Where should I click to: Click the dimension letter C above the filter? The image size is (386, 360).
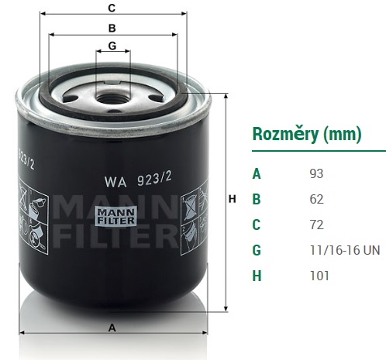[x=112, y=8]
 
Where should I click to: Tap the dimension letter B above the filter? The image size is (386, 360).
[x=112, y=28]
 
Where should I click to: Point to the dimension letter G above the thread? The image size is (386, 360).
[x=112, y=46]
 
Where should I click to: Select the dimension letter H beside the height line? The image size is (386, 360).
[x=233, y=199]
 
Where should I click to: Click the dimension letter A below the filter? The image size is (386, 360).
[x=112, y=328]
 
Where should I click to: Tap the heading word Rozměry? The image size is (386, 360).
[x=285, y=135]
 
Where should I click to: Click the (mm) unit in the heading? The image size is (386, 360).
[x=343, y=135]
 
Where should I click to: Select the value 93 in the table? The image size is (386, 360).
[x=316, y=173]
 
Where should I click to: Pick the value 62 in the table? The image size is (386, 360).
[x=316, y=199]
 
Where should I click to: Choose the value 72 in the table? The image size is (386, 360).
[x=316, y=225]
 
